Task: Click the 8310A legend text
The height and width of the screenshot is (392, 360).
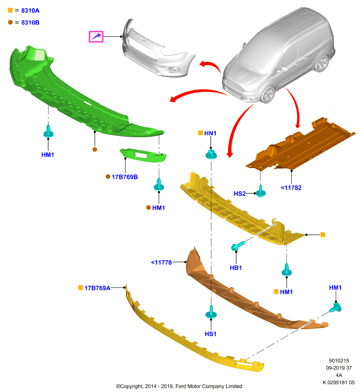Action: [x=30, y=10]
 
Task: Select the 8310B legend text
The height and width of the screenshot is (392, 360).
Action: [x=30, y=23]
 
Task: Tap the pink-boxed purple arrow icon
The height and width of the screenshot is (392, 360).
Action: [x=96, y=37]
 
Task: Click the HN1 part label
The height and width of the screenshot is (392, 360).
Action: [x=210, y=133]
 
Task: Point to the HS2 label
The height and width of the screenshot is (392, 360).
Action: [x=240, y=194]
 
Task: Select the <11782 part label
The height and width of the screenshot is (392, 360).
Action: [x=291, y=188]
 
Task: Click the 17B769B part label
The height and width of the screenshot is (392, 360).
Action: [x=125, y=177]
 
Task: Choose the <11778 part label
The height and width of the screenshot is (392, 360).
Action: [x=161, y=263]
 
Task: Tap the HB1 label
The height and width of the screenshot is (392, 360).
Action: [x=235, y=268]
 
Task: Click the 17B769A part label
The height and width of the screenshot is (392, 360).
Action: [x=97, y=288]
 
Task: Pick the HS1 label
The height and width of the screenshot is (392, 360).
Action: [x=210, y=334]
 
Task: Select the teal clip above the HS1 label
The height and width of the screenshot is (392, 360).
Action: [x=211, y=312]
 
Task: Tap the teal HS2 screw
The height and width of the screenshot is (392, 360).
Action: [x=260, y=191]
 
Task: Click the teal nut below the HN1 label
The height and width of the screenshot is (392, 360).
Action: [x=211, y=154]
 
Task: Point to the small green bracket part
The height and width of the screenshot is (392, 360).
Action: [x=143, y=155]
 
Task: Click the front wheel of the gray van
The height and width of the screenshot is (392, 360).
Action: [x=268, y=95]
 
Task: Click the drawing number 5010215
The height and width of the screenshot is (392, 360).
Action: [x=339, y=361]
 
